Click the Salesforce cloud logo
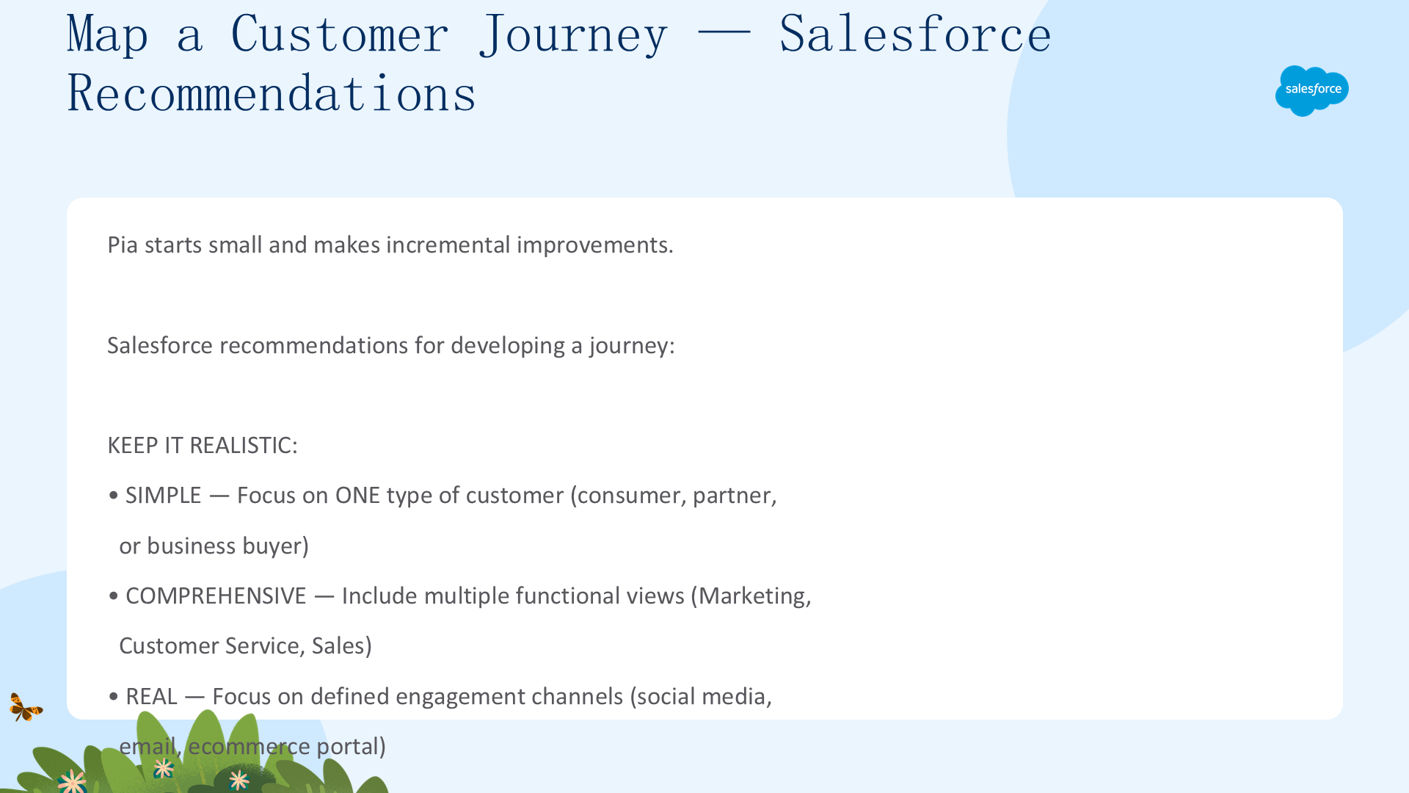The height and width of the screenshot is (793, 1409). click(x=1312, y=90)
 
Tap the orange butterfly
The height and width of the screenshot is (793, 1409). click(x=26, y=707)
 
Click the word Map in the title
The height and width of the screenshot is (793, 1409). click(x=107, y=35)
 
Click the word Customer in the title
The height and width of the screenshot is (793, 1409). click(x=340, y=35)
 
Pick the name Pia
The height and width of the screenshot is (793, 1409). click(x=123, y=245)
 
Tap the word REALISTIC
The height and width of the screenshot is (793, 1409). click(x=243, y=446)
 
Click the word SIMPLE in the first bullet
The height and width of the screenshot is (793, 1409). click(x=163, y=496)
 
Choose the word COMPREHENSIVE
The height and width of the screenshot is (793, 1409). click(x=216, y=596)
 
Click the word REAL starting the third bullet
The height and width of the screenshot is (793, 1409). click(x=151, y=697)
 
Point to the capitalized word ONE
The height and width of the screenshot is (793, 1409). click(x=357, y=496)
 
